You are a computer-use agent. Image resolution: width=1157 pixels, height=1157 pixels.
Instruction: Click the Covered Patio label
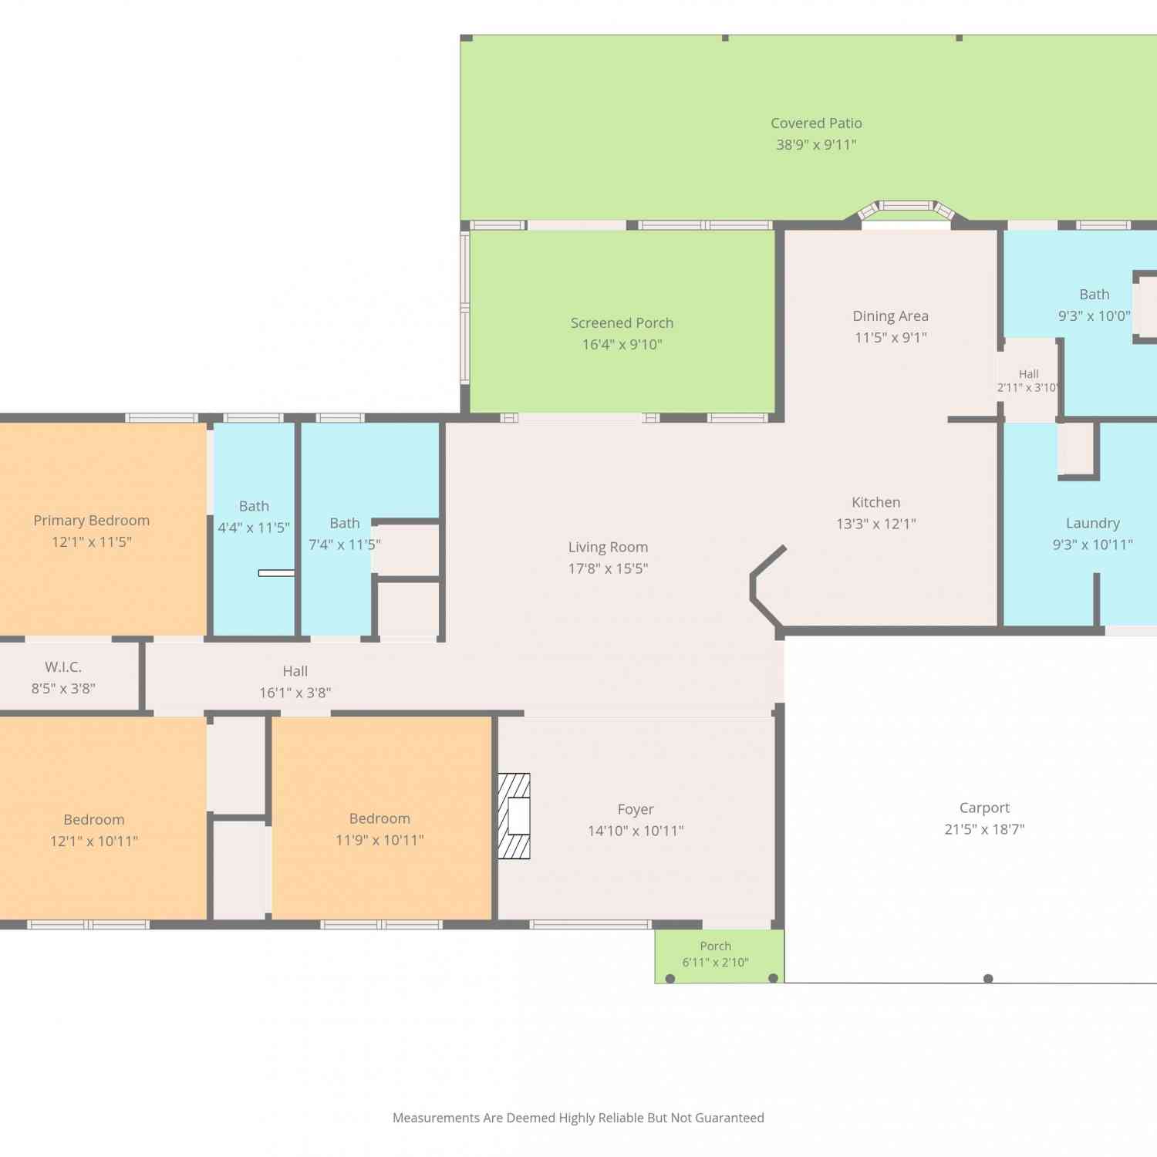tap(816, 123)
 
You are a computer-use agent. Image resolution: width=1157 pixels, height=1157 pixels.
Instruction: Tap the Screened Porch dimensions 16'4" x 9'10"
tap(622, 345)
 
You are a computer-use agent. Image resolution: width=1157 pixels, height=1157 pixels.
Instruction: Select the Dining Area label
tap(890, 316)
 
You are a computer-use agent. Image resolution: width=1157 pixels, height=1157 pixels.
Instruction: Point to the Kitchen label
tap(875, 502)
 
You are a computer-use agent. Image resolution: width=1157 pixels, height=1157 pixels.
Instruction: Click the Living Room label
tap(608, 548)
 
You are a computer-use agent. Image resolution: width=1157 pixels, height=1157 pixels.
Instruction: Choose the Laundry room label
tap(1092, 524)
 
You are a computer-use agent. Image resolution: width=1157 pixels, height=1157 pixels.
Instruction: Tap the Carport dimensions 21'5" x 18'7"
tap(984, 829)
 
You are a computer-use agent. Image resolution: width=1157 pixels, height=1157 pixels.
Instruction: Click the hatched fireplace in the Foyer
tap(514, 816)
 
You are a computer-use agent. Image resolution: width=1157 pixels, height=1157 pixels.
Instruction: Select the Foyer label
tap(636, 810)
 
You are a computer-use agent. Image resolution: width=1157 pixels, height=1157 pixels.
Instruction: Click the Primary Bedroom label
tap(91, 521)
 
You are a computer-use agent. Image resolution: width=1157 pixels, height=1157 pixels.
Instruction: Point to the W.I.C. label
tap(63, 667)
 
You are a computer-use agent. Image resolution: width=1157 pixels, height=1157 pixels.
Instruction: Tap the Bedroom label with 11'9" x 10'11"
tap(379, 818)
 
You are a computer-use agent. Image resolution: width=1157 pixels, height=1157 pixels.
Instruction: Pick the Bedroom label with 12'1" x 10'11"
tap(93, 820)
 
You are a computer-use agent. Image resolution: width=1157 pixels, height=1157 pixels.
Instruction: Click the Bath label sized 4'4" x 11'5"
tap(254, 506)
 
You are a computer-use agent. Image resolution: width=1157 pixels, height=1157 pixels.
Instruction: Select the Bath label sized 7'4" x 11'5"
tap(344, 523)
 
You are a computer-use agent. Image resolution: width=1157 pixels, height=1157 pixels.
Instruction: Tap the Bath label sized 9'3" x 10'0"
tap(1094, 295)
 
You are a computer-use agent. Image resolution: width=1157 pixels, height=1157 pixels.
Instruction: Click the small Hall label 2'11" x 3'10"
tap(1028, 374)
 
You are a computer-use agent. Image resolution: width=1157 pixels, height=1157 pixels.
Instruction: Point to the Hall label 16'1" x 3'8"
tap(295, 672)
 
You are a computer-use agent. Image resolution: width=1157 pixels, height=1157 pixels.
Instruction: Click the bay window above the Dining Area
tap(906, 211)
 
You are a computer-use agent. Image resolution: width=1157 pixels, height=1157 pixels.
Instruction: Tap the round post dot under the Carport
tap(988, 979)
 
